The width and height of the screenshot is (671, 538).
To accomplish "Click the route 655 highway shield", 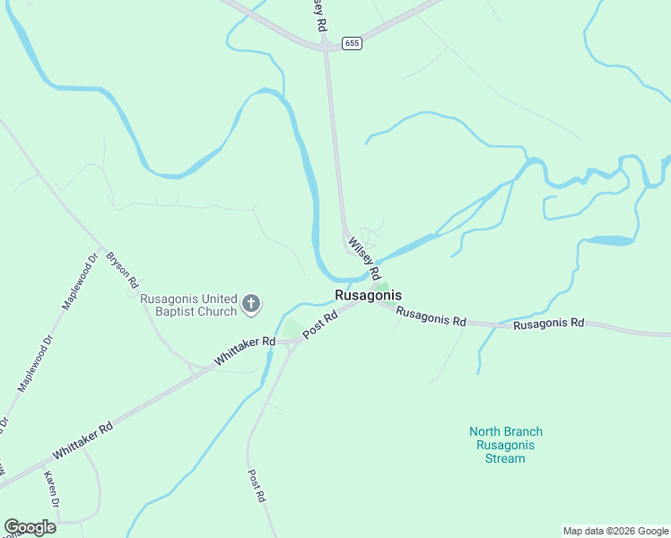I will pyautogui.click(x=352, y=43).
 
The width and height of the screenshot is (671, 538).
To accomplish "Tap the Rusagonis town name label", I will pyautogui.click(x=368, y=295).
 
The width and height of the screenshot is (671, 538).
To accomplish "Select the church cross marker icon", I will pyautogui.click(x=251, y=304).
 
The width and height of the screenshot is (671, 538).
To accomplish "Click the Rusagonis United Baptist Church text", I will pyautogui.click(x=189, y=305).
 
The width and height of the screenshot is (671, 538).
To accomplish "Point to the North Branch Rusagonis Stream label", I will pyautogui.click(x=506, y=445).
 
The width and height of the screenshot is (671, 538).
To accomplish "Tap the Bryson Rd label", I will pyautogui.click(x=122, y=269).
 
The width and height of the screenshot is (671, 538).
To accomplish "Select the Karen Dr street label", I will pyautogui.click(x=51, y=490).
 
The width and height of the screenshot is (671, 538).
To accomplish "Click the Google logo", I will pyautogui.click(x=30, y=527).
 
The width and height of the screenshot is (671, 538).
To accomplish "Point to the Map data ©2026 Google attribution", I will pyautogui.click(x=615, y=531).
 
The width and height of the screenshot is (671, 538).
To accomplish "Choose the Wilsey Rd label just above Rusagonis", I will pyautogui.click(x=364, y=257).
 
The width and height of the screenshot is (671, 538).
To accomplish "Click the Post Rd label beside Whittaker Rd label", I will pyautogui.click(x=319, y=325).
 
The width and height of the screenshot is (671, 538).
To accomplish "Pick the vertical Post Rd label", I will pyautogui.click(x=256, y=485).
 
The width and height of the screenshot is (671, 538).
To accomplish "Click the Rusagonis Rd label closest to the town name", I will pyautogui.click(x=431, y=317).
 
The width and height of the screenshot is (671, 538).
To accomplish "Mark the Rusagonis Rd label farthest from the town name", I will pyautogui.click(x=548, y=324).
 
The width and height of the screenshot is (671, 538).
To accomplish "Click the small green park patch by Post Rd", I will pyautogui.click(x=291, y=328).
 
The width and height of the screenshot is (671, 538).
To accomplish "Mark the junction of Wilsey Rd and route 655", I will pyautogui.click(x=327, y=48).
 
